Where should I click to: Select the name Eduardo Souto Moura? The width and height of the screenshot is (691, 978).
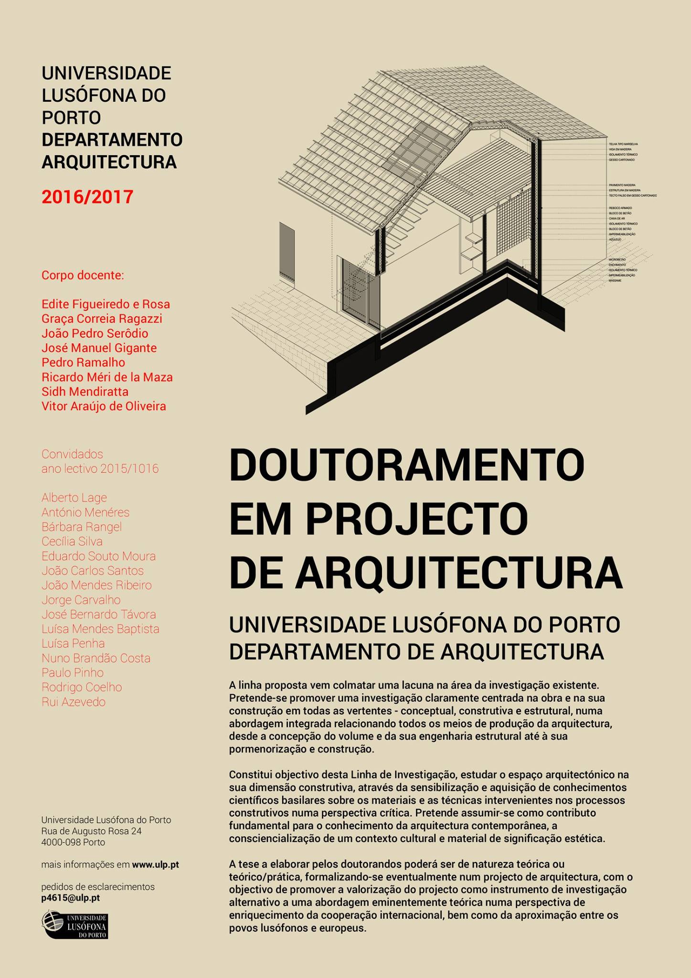[x=98, y=556]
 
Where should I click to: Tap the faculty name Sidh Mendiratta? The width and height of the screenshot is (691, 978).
[x=85, y=392]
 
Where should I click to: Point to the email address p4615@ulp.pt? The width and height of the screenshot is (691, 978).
[x=71, y=898]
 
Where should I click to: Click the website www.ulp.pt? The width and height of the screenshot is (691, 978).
[x=155, y=864]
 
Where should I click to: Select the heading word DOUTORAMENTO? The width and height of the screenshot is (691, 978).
[x=407, y=465]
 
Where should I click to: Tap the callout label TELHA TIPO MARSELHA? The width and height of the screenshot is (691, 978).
[x=623, y=144]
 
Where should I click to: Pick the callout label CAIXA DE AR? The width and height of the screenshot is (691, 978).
[x=617, y=218]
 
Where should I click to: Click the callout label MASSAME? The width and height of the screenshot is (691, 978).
[x=615, y=281]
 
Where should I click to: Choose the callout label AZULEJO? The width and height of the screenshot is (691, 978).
[x=615, y=239]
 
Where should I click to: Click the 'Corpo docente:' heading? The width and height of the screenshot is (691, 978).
[x=83, y=276]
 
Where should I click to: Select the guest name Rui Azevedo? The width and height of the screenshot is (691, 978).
[x=74, y=702]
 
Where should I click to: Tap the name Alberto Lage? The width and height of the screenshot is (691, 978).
[x=74, y=498]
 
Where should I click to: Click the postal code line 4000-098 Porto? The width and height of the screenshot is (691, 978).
[x=73, y=842]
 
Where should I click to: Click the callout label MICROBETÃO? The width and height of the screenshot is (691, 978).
[x=617, y=259]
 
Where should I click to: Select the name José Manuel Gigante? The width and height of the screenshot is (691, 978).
[x=99, y=348]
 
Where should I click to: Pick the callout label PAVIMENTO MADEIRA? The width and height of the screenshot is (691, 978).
[x=622, y=185]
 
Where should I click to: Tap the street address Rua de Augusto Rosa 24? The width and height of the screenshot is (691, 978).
[x=91, y=831]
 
